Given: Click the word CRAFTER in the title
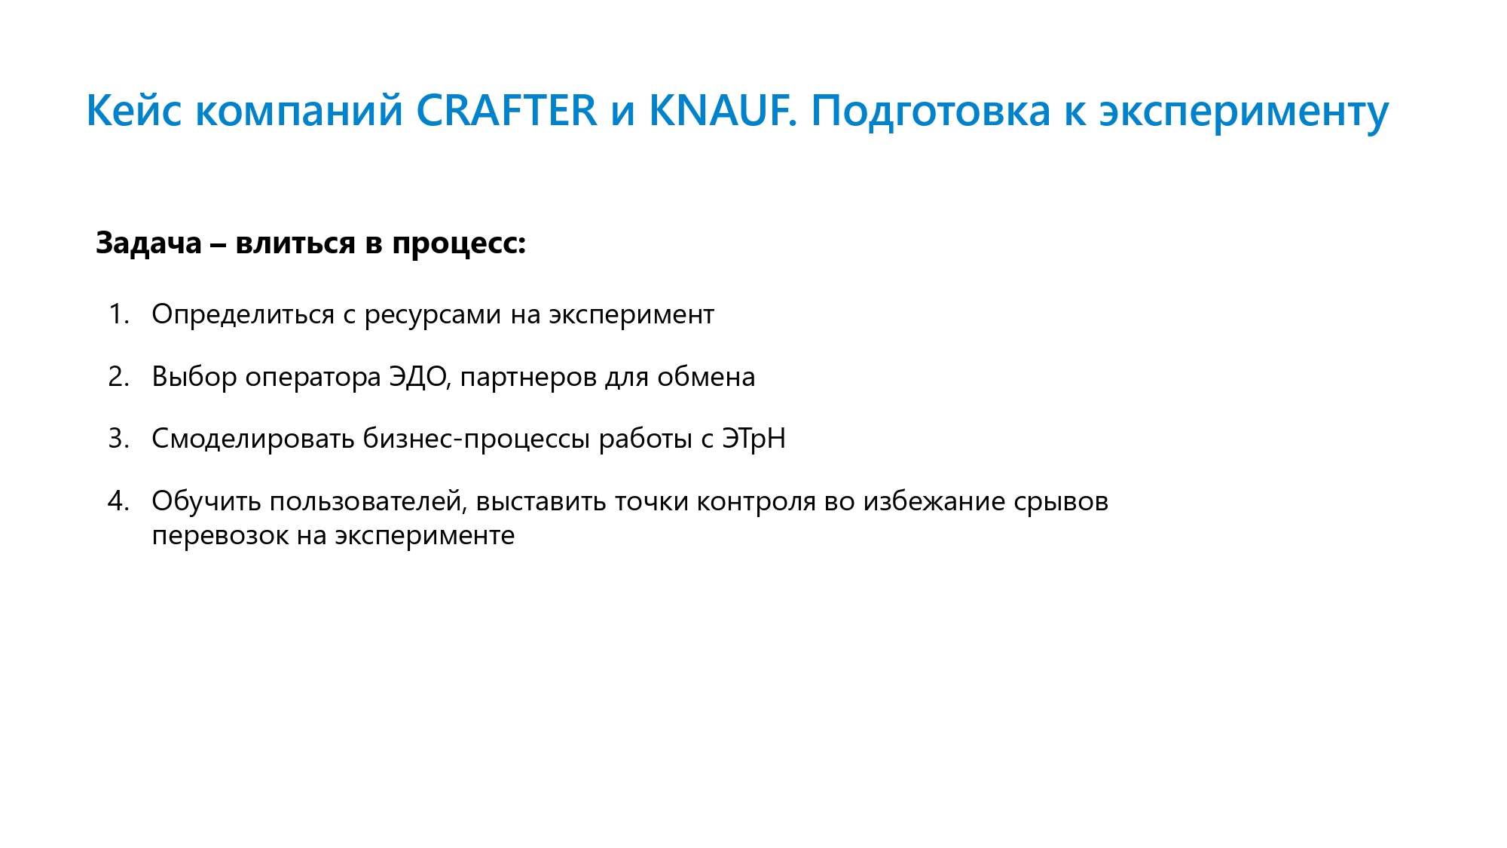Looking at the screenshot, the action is pos(506,111).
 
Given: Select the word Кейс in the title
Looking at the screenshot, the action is pos(134,111).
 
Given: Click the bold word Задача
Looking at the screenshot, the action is pos(148,243).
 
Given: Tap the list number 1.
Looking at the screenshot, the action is pos(118,314).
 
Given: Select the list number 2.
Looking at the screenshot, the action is pos(118,377).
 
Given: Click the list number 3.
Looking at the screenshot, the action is pos(118,439).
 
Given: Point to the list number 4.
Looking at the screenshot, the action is pos(118,501).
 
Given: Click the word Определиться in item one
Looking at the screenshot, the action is pos(243,315).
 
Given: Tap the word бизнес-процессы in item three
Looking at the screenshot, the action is pos(476,440).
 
